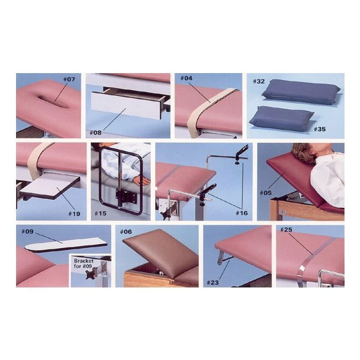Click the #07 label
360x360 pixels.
[69, 79]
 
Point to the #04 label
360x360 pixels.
[187, 78]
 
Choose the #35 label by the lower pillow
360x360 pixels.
[320, 129]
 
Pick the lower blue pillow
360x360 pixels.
[282, 118]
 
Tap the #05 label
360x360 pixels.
[266, 193]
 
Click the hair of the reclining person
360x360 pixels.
[304, 152]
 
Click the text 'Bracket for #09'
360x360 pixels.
[84, 264]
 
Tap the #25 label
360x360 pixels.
[286, 230]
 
